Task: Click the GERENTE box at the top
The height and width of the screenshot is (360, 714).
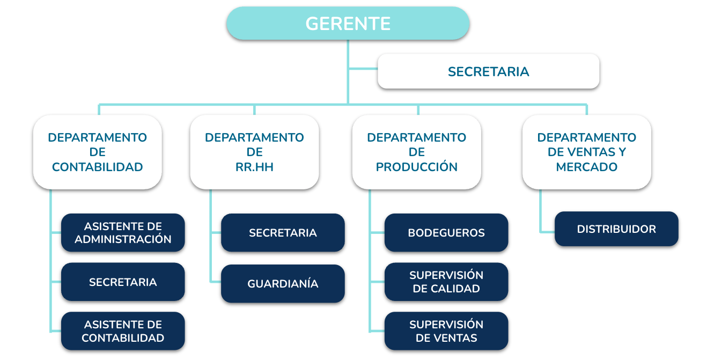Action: point(348,24)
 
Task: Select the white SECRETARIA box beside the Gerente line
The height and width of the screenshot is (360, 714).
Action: point(488,71)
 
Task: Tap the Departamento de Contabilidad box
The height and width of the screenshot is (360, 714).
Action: point(97,152)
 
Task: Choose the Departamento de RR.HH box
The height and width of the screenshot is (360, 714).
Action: point(254,152)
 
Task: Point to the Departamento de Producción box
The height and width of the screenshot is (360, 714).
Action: point(416,152)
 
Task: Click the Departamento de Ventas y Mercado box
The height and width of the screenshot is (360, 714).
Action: point(586,152)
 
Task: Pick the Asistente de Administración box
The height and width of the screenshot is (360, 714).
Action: point(123,233)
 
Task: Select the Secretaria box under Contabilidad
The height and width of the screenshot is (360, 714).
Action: point(123,282)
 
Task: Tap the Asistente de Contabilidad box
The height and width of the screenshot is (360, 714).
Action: point(123,331)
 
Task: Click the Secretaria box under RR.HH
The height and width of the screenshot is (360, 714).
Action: point(283,233)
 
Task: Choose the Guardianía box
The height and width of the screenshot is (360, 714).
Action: point(283,283)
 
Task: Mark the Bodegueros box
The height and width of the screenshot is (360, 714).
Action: point(446,233)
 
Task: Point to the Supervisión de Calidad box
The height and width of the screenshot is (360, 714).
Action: point(446,282)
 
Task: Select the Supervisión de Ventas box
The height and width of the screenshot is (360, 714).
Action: point(446,331)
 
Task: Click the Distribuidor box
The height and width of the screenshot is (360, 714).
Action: point(616,229)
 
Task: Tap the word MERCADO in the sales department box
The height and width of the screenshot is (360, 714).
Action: point(586,167)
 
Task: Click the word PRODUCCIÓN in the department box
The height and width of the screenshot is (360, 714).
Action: point(416,167)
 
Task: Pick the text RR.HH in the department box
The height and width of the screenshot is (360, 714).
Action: point(254,167)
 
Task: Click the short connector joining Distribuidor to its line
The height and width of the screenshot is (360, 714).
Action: point(547,232)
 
